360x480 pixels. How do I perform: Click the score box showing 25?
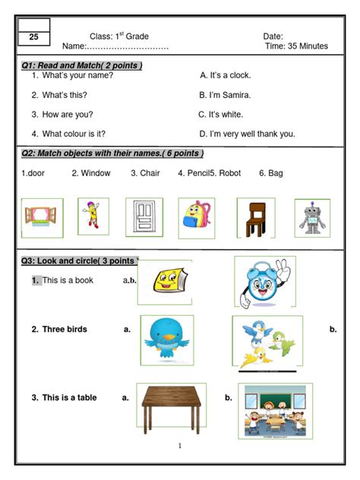(33, 37)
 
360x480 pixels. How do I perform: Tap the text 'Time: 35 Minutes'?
(296, 46)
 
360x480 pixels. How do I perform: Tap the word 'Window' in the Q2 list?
(96, 173)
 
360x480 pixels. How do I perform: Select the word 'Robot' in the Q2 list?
(229, 173)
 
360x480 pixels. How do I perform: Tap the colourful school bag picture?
(197, 216)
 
